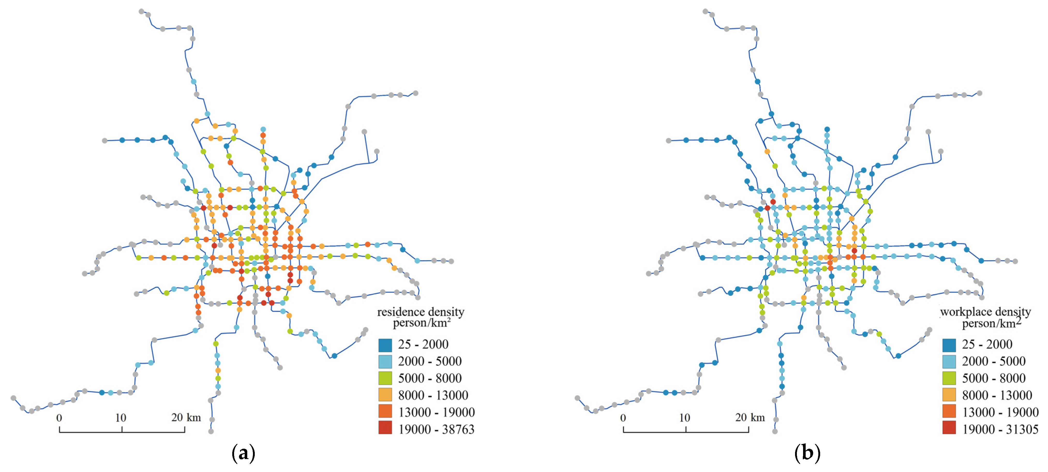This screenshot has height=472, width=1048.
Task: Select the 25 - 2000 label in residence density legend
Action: coord(423,344)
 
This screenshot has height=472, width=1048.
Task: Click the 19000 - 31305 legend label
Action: coord(1000,429)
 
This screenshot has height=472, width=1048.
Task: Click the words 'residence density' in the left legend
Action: coord(421,312)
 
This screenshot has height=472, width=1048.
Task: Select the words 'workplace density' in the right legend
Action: coord(985,312)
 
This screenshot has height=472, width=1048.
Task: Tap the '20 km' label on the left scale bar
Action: coord(186,417)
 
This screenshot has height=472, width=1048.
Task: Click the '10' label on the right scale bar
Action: coord(684,417)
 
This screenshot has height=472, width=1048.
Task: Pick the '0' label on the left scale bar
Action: coord(59,417)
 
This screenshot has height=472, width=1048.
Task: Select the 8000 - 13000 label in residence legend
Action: coord(433,395)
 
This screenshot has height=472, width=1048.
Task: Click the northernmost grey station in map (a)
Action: coord(141,11)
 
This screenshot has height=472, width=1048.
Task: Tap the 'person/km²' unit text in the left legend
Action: coord(422,323)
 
